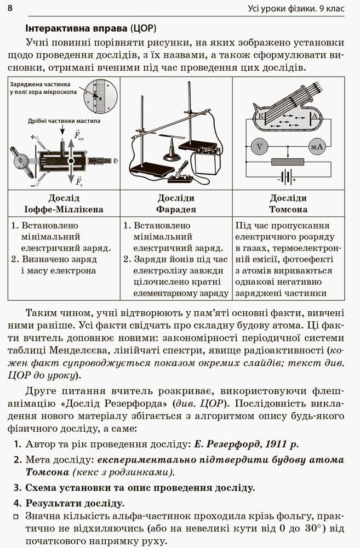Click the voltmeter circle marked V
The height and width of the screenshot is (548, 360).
coord(259,146)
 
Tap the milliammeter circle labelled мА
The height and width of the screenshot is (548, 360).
coord(316,147)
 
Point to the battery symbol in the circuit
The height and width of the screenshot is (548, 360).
coord(287,177)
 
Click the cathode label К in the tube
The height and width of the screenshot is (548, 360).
coord(261,115)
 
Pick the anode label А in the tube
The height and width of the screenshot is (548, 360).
coord(315,116)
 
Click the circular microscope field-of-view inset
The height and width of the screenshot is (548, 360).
coord(100,96)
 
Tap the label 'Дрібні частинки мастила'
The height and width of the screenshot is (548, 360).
coord(64,121)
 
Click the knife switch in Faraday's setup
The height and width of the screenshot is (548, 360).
coord(181,174)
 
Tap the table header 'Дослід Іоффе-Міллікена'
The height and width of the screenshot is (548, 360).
coord(64,203)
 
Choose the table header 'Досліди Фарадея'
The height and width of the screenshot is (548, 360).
coord(176,203)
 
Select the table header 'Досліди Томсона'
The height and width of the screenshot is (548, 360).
coord(288,203)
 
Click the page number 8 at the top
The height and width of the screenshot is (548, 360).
coord(10,8)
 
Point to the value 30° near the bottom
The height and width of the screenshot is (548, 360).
coord(313,528)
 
